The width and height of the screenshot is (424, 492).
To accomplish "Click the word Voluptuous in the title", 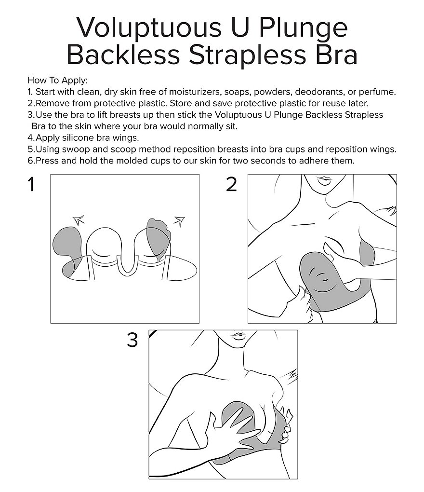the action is pyautogui.click(x=149, y=27).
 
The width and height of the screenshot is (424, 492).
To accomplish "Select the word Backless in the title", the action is pyautogui.click(x=123, y=55).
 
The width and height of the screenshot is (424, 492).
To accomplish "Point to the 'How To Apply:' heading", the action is pyautogui.click(x=58, y=81).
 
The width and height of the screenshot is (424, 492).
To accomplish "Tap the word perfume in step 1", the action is pyautogui.click(x=377, y=92).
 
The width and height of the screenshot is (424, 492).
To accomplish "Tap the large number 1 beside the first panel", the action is pyautogui.click(x=31, y=184).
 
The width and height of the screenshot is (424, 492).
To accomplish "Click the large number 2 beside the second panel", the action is pyautogui.click(x=231, y=184).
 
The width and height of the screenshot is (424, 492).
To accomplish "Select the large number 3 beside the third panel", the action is pyautogui.click(x=132, y=340).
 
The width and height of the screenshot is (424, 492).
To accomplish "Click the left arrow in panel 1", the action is pyautogui.click(x=79, y=219).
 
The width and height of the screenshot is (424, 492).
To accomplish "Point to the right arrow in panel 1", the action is pyautogui.click(x=180, y=221).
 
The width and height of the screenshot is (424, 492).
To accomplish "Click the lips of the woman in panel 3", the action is pyautogui.click(x=239, y=336).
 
